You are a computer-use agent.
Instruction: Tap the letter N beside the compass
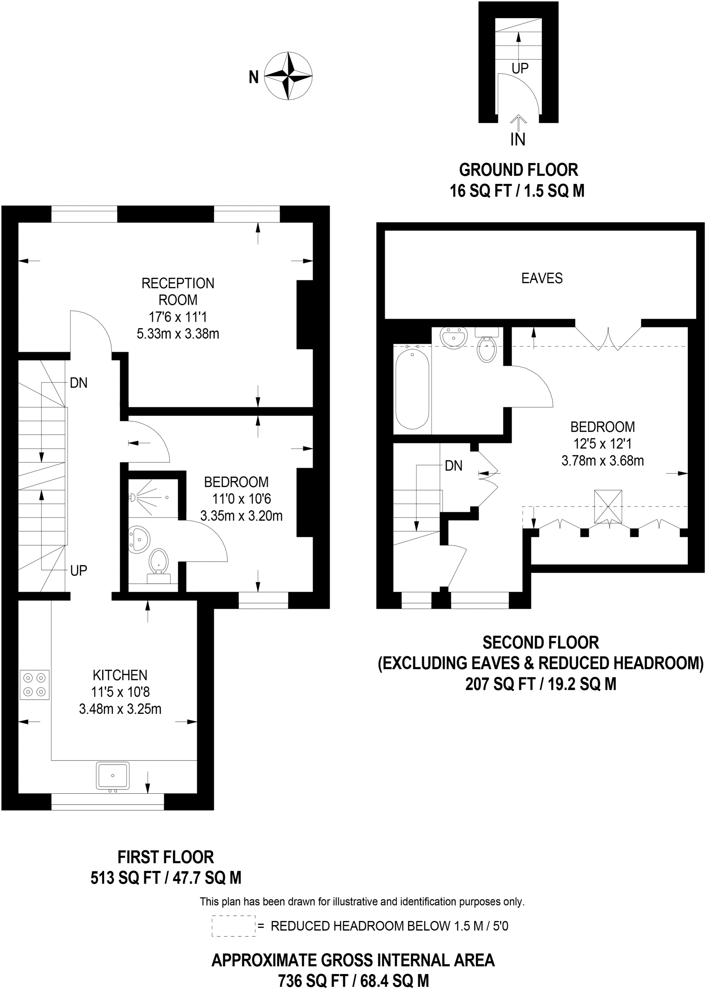pyautogui.click(x=254, y=78)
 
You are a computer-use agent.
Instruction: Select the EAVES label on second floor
pyautogui.click(x=541, y=278)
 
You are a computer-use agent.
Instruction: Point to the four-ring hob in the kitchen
pyautogui.click(x=34, y=685)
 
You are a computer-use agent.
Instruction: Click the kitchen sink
pyautogui.click(x=113, y=776)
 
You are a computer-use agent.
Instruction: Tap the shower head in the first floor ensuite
pyautogui.click(x=132, y=498)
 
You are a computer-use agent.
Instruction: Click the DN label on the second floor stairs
pyautogui.click(x=454, y=466)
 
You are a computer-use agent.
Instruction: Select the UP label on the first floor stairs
pyautogui.click(x=79, y=571)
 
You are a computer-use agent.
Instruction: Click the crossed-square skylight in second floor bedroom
pyautogui.click(x=608, y=506)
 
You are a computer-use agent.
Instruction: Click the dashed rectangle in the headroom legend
pyautogui.click(x=233, y=926)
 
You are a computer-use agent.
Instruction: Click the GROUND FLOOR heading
pyautogui.click(x=518, y=170)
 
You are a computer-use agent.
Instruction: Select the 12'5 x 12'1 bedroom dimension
pyautogui.click(x=603, y=444)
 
